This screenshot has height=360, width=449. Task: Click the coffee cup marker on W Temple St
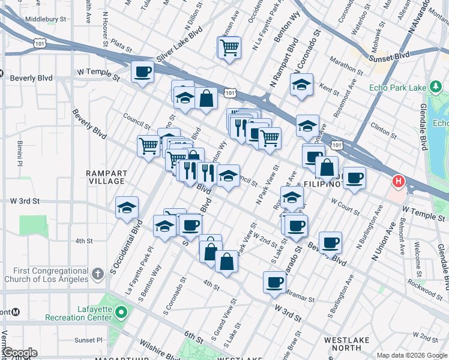142,73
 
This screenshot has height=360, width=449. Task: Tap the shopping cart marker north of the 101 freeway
229,47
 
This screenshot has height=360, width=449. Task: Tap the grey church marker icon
98,274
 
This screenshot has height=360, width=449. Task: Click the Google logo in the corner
19,353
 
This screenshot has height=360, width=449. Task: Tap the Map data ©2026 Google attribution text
411,355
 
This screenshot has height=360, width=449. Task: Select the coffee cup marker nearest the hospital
355,178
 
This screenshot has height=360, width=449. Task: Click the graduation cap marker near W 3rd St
127,208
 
